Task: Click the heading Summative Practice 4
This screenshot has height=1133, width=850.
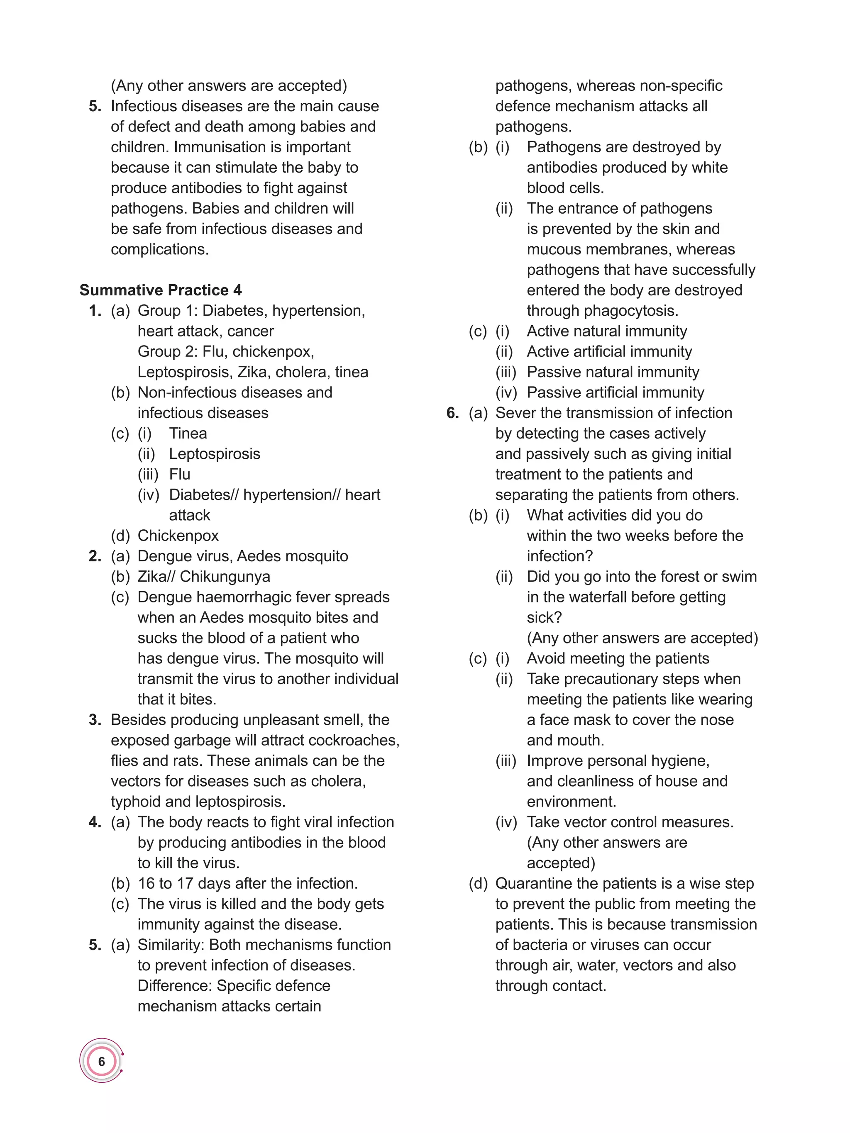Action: [160, 290]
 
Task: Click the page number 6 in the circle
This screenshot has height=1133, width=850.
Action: [101, 1061]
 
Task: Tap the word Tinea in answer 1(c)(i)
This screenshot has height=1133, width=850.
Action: [188, 433]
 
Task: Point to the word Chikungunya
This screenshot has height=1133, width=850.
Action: [225, 576]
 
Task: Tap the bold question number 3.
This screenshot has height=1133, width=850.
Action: [95, 720]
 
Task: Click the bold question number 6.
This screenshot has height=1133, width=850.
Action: [452, 413]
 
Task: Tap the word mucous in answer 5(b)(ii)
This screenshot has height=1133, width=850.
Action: [553, 249]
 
